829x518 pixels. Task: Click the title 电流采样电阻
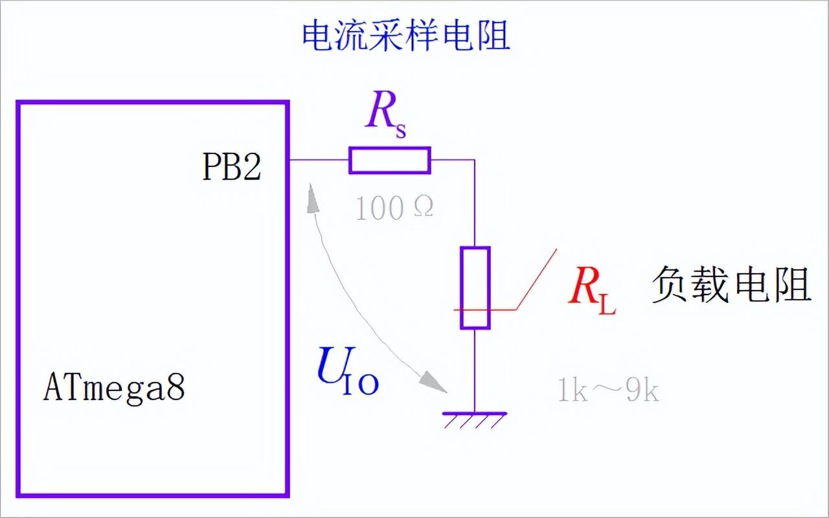click(406, 36)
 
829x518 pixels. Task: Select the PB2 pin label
click(232, 168)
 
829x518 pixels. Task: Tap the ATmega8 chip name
click(115, 388)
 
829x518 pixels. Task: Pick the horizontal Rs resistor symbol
click(389, 160)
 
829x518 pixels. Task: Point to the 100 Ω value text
click(394, 208)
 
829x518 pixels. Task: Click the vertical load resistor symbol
click(475, 287)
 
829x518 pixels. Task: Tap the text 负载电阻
click(731, 285)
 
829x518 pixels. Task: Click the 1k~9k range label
click(608, 391)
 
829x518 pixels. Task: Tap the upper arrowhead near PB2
click(313, 196)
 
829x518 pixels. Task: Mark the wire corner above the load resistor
click(475, 160)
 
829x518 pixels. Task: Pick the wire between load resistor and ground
click(475, 369)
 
